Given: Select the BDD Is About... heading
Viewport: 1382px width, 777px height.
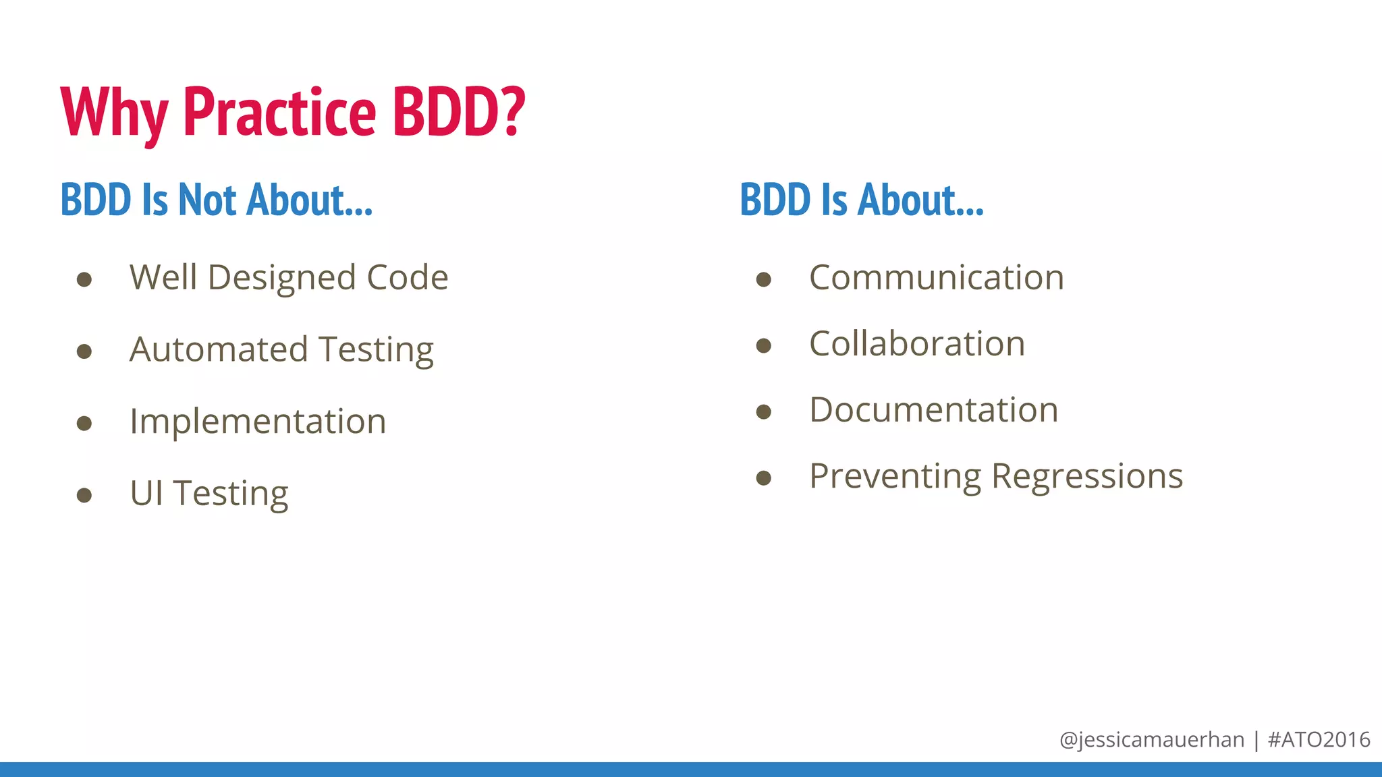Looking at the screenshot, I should point(862,200).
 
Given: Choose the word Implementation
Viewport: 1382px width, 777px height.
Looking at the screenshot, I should point(258,422).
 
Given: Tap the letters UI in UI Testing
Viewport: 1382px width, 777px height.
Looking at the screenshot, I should point(146,493).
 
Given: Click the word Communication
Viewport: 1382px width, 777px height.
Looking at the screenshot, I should point(936,278).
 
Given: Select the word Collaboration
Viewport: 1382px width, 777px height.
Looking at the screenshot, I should point(916,344).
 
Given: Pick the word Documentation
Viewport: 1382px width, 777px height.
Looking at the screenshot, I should point(933,410).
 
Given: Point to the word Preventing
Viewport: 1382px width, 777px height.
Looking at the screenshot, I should point(895,477).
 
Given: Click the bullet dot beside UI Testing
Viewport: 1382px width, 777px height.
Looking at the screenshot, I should point(84,496).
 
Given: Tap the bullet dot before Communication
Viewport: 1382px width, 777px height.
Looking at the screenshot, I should point(763,279).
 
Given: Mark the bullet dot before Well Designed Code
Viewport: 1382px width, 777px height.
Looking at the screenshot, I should point(84,279).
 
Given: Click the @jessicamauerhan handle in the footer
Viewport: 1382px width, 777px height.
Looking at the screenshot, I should point(1151,740).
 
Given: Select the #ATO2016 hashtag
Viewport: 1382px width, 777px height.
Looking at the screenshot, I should point(1319,740).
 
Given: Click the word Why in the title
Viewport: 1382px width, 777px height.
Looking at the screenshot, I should point(113,113).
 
